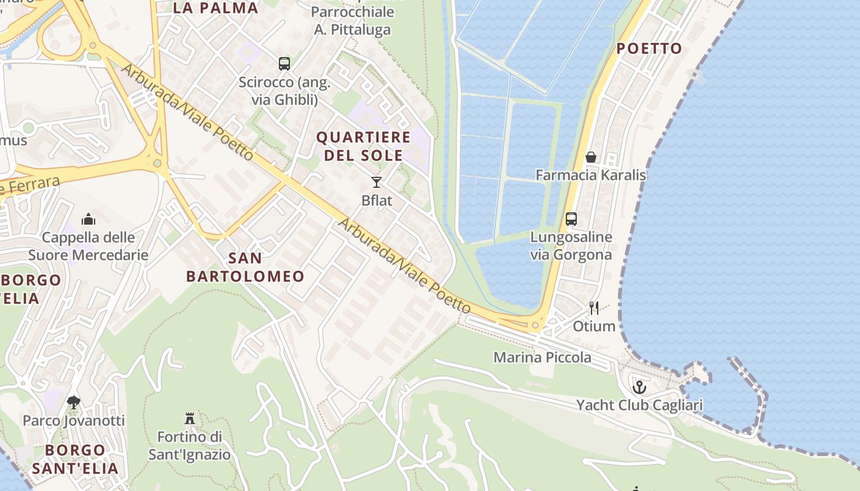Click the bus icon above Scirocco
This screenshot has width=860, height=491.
284,63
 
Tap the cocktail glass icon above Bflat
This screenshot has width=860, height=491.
377,182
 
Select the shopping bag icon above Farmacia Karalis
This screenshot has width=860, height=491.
590,157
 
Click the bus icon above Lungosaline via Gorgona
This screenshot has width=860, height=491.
571,218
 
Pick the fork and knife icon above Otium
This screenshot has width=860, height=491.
594,307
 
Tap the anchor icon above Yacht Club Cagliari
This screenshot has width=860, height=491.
639,387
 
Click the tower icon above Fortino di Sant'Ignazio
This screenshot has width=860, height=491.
190,419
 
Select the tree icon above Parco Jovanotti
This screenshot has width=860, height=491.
74,403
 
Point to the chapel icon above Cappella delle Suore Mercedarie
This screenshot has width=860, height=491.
88,219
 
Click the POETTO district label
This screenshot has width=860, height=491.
649,48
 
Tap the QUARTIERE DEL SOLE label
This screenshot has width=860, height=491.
363,146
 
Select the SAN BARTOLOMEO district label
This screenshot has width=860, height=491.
245,267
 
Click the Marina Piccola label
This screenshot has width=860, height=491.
542,357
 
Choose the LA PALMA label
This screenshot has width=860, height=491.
216,8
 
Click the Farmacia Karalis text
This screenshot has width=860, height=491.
590,175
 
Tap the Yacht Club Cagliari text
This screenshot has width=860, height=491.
639,405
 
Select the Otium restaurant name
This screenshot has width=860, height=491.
594,326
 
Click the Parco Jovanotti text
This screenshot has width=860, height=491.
74,420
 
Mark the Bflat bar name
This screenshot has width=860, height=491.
377,200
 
